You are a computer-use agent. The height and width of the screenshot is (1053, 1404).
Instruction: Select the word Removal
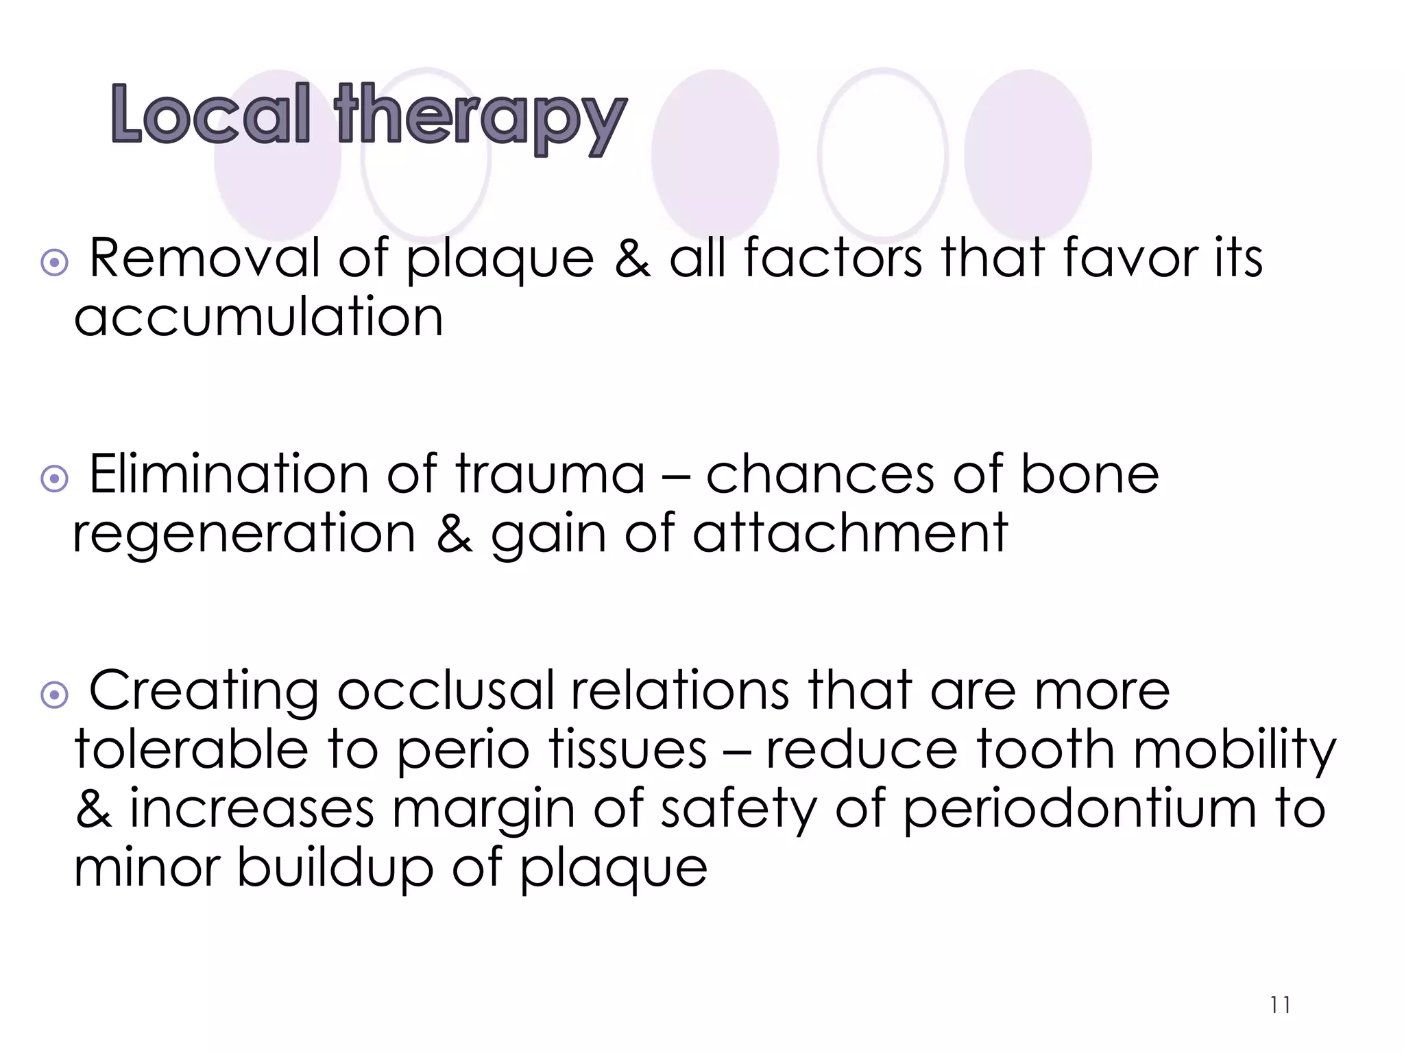click(205, 258)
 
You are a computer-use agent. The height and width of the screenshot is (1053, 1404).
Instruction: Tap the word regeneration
click(244, 533)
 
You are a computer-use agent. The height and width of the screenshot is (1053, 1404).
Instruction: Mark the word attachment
click(850, 533)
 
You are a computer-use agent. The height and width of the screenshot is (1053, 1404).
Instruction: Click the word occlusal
click(446, 690)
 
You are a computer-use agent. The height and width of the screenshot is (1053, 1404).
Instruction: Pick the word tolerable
click(192, 749)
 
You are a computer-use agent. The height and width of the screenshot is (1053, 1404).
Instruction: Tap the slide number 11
click(1280, 1006)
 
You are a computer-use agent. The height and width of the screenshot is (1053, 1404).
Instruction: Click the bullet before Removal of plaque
click(55, 263)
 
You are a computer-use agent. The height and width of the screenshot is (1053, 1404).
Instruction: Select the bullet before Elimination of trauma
click(55, 479)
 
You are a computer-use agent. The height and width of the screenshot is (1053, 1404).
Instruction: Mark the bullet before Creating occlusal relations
click(55, 695)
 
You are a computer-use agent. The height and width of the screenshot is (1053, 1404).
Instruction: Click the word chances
click(820, 474)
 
